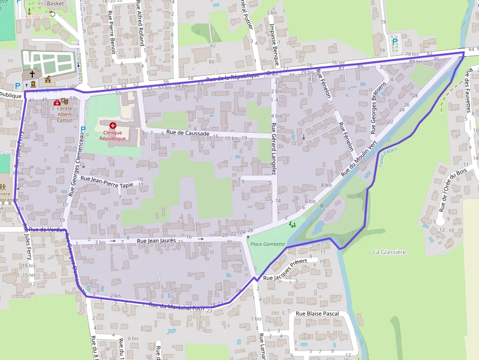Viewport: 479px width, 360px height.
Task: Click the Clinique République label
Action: tap(113, 135)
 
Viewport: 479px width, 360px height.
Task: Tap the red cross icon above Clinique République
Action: tap(113, 126)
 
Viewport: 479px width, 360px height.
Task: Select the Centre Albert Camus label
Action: tap(65, 114)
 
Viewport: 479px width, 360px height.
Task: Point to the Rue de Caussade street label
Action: tap(188, 133)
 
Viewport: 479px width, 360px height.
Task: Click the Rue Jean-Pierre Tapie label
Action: tap(107, 182)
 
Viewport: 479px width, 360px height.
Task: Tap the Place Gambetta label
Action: tap(264, 244)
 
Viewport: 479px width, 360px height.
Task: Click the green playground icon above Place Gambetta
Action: tap(292, 224)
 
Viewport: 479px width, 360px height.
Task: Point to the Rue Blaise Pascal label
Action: tap(318, 314)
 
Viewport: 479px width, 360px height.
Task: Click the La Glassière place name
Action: tap(389, 252)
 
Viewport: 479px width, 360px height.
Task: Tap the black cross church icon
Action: tap(32, 74)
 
